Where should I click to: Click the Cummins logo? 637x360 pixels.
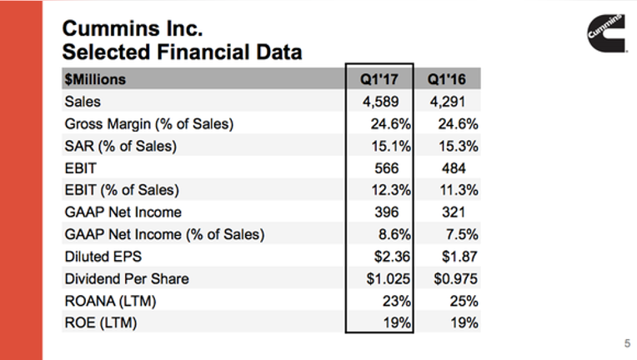[606, 33]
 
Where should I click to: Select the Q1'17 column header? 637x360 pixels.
[379, 79]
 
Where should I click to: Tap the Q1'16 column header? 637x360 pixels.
[446, 79]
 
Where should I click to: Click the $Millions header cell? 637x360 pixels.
[95, 79]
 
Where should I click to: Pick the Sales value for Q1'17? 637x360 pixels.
[381, 102]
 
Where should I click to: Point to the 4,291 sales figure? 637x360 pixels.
[448, 102]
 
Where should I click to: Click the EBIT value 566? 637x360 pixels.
[386, 168]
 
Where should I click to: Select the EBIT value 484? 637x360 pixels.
[454, 168]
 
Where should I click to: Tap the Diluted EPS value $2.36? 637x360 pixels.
[392, 257]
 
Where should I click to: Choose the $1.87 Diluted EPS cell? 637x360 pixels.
[459, 257]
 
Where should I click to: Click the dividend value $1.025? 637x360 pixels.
[389, 279]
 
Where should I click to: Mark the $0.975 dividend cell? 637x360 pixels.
[456, 279]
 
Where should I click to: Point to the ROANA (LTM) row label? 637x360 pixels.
[111, 301]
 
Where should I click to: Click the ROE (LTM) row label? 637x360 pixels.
[101, 323]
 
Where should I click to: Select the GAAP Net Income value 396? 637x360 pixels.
[386, 212]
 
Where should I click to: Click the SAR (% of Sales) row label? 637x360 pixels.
[121, 146]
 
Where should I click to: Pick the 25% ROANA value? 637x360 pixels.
[464, 301]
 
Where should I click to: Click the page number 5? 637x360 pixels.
[627, 343]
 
